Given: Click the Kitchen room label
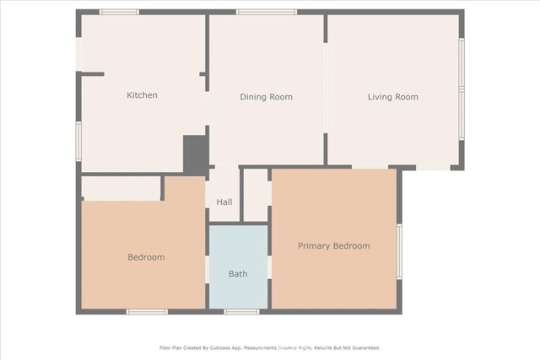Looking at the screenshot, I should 142,95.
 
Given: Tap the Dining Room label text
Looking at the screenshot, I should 266,97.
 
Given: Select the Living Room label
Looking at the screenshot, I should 392,97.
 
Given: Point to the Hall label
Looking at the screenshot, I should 224,202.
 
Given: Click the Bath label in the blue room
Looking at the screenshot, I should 238,274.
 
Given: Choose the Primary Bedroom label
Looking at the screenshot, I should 333,245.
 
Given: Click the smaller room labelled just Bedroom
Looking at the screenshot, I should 145,257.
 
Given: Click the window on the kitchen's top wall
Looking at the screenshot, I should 119,12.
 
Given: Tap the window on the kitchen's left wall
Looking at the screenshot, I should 78,140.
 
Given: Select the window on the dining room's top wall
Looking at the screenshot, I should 266,12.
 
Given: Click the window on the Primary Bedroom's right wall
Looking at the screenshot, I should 399,250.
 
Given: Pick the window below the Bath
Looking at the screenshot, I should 241,312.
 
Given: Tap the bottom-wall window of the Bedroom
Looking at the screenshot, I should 147,312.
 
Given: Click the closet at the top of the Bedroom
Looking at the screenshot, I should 121,188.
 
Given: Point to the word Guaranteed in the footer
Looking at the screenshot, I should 362,347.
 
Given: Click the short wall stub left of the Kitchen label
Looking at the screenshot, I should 92,74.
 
